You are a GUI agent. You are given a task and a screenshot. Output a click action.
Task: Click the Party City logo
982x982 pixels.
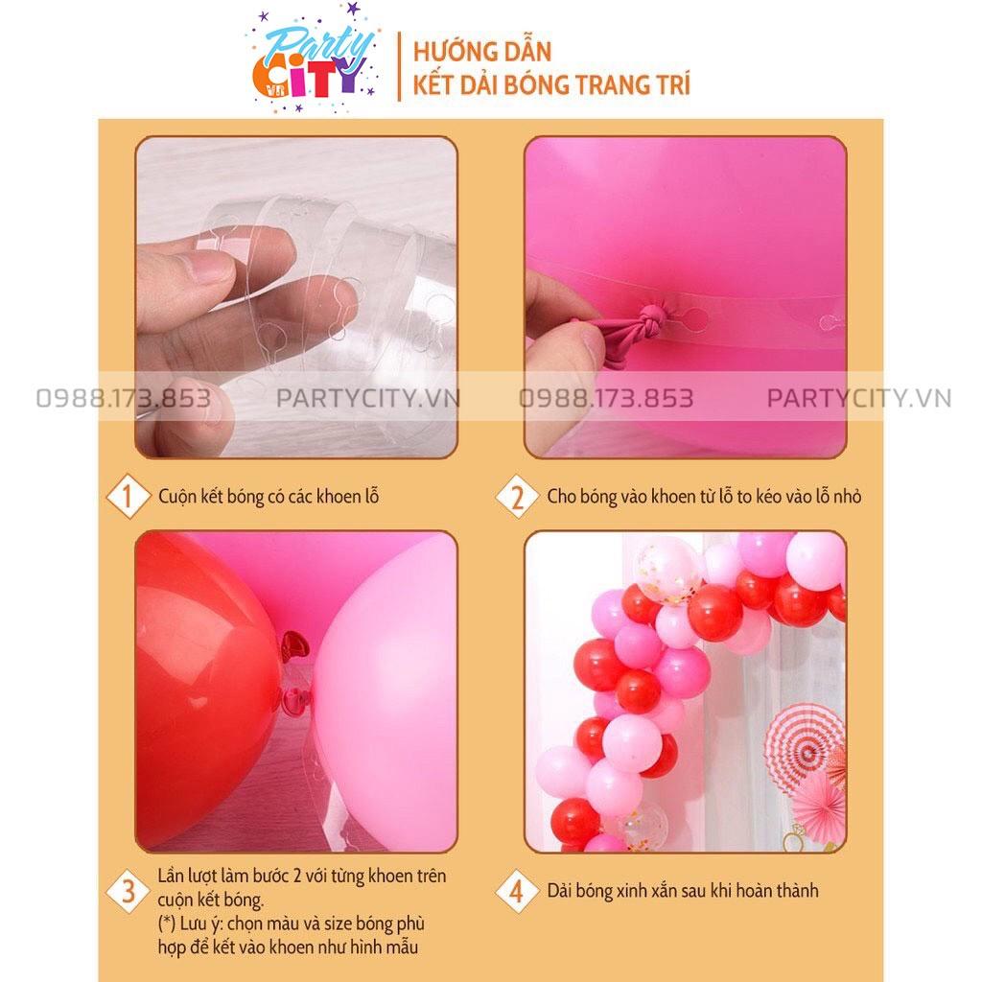coord(315,59)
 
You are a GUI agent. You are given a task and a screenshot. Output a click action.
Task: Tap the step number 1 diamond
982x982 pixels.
coord(128,496)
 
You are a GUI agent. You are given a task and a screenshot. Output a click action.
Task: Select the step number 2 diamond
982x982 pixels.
coord(517,497)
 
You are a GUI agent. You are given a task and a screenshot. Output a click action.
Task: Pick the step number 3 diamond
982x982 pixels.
coord(128,891)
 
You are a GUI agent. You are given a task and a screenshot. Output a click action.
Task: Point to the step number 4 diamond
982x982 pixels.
coord(517,891)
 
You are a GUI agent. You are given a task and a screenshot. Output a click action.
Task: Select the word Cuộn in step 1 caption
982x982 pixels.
coord(177,497)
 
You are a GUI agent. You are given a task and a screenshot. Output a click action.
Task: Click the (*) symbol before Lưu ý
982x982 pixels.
coord(167,924)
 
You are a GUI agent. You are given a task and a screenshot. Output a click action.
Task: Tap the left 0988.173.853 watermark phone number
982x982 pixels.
coord(124,398)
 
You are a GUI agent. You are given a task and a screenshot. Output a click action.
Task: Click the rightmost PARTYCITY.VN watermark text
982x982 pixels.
coord(859,398)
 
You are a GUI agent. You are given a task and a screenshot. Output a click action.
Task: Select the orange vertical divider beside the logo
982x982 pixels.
coord(400,66)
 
